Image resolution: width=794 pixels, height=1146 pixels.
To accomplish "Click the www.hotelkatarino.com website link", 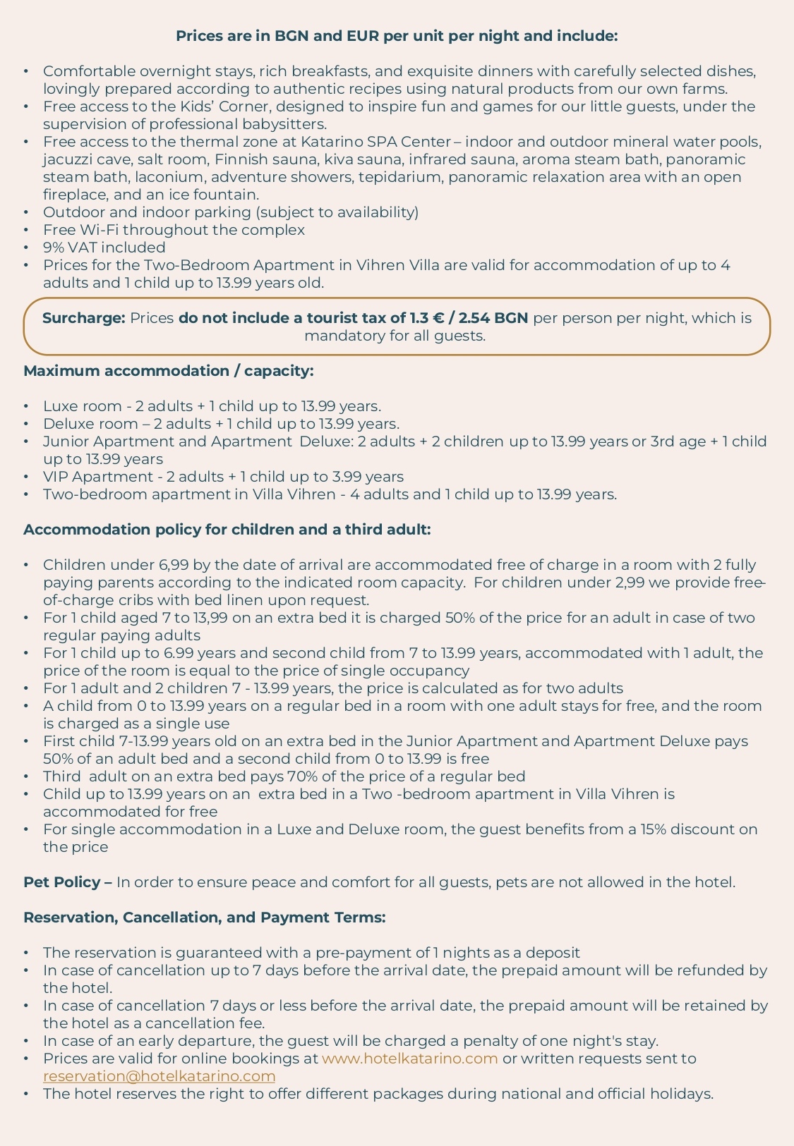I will coord(410,1059).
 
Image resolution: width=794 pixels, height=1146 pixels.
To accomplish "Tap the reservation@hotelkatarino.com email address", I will coord(159,1076).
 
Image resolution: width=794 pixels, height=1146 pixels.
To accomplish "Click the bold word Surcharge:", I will coord(83,318).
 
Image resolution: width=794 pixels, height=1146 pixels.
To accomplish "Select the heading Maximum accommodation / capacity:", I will coord(169,371).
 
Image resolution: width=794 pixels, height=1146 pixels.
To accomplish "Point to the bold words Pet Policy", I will coord(63,882).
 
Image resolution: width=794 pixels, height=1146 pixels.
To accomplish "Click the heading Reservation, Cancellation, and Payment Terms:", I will coord(205,918).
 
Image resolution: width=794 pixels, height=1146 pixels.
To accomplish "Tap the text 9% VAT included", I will coord(104,248).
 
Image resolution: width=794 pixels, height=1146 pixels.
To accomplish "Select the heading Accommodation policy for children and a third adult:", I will coord(227,530).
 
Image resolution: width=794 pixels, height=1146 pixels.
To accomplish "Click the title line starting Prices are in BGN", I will coord(397,36).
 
